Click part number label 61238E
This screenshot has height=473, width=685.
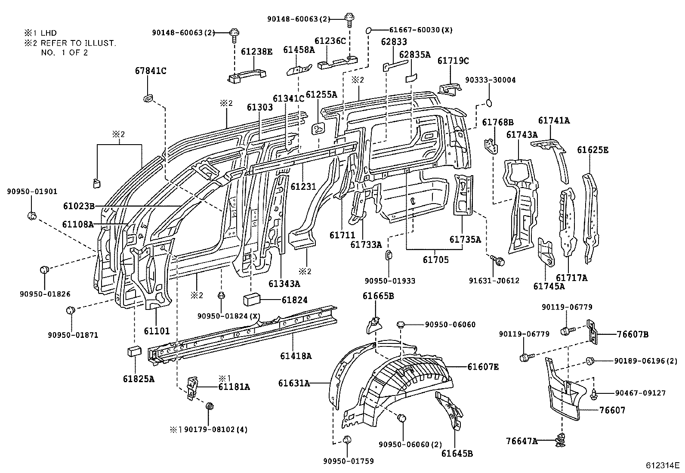tap(256, 52)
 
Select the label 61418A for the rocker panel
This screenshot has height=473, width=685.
tap(296, 356)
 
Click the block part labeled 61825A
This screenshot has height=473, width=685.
tap(135, 351)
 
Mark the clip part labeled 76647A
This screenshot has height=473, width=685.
tap(561, 440)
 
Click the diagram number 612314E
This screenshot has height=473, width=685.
tap(662, 465)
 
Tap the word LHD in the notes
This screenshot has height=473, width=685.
tap(49, 33)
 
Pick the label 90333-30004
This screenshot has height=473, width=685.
tap(491, 80)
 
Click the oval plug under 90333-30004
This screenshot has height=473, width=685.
tap(489, 103)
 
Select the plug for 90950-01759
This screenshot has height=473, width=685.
tap(348, 439)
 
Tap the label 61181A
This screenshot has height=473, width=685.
tap(234, 386)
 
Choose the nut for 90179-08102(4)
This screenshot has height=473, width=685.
tap(210, 406)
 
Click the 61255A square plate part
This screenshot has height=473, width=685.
tap(318, 129)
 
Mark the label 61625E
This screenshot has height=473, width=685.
tap(592, 150)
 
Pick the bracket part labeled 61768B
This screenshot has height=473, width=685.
tap(491, 146)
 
